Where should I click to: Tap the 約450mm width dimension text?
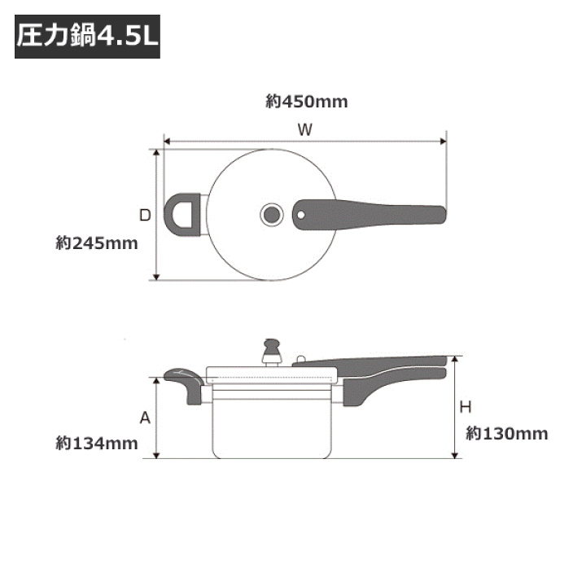[x=307, y=102]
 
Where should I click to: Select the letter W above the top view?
[x=305, y=129]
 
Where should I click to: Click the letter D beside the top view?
[x=144, y=215]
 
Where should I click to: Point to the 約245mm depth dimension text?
[x=97, y=243]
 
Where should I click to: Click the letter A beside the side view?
[x=145, y=418]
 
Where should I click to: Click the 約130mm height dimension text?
[x=507, y=433]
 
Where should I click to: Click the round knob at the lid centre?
[x=271, y=215]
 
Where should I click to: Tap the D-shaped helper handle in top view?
[x=186, y=215]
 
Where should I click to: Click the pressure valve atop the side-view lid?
[x=270, y=350]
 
